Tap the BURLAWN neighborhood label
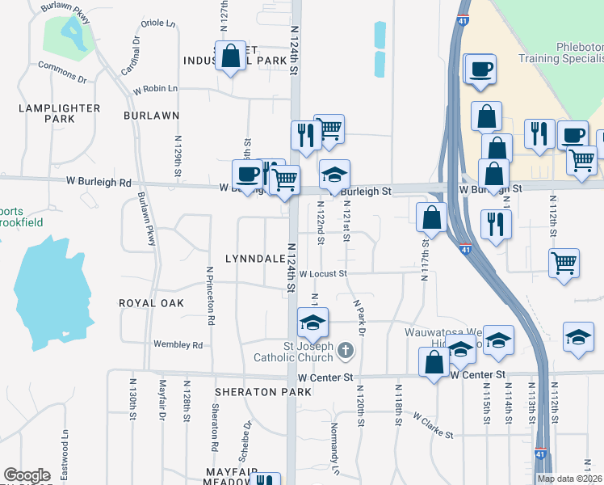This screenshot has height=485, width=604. pos(151,116)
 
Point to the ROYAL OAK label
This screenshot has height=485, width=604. pos(151,303)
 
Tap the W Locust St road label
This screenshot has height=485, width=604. pos(322,274)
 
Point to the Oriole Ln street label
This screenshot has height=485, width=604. pos(158,23)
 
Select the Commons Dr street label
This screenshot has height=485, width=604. pos(61,71)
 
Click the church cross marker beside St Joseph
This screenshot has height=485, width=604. pos(346,351)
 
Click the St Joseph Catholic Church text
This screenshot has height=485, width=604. pos(304,352)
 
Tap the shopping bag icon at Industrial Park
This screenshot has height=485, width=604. pos(231,57)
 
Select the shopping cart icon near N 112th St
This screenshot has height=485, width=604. pos(564,262)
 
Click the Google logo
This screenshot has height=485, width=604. pos(27,475)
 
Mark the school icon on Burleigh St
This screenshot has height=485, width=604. pos(334,173)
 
